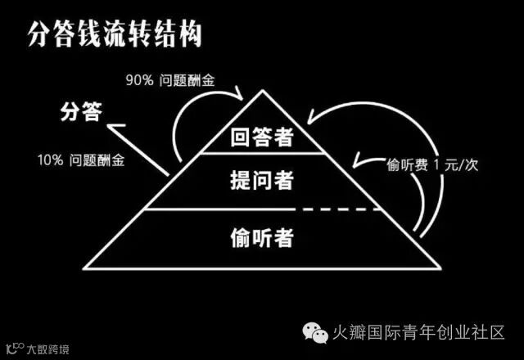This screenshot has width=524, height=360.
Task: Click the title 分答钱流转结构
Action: tap(115, 37)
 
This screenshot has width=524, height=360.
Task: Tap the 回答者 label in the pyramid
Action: tap(263, 137)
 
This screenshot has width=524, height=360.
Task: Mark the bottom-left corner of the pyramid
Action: tap(84, 266)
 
